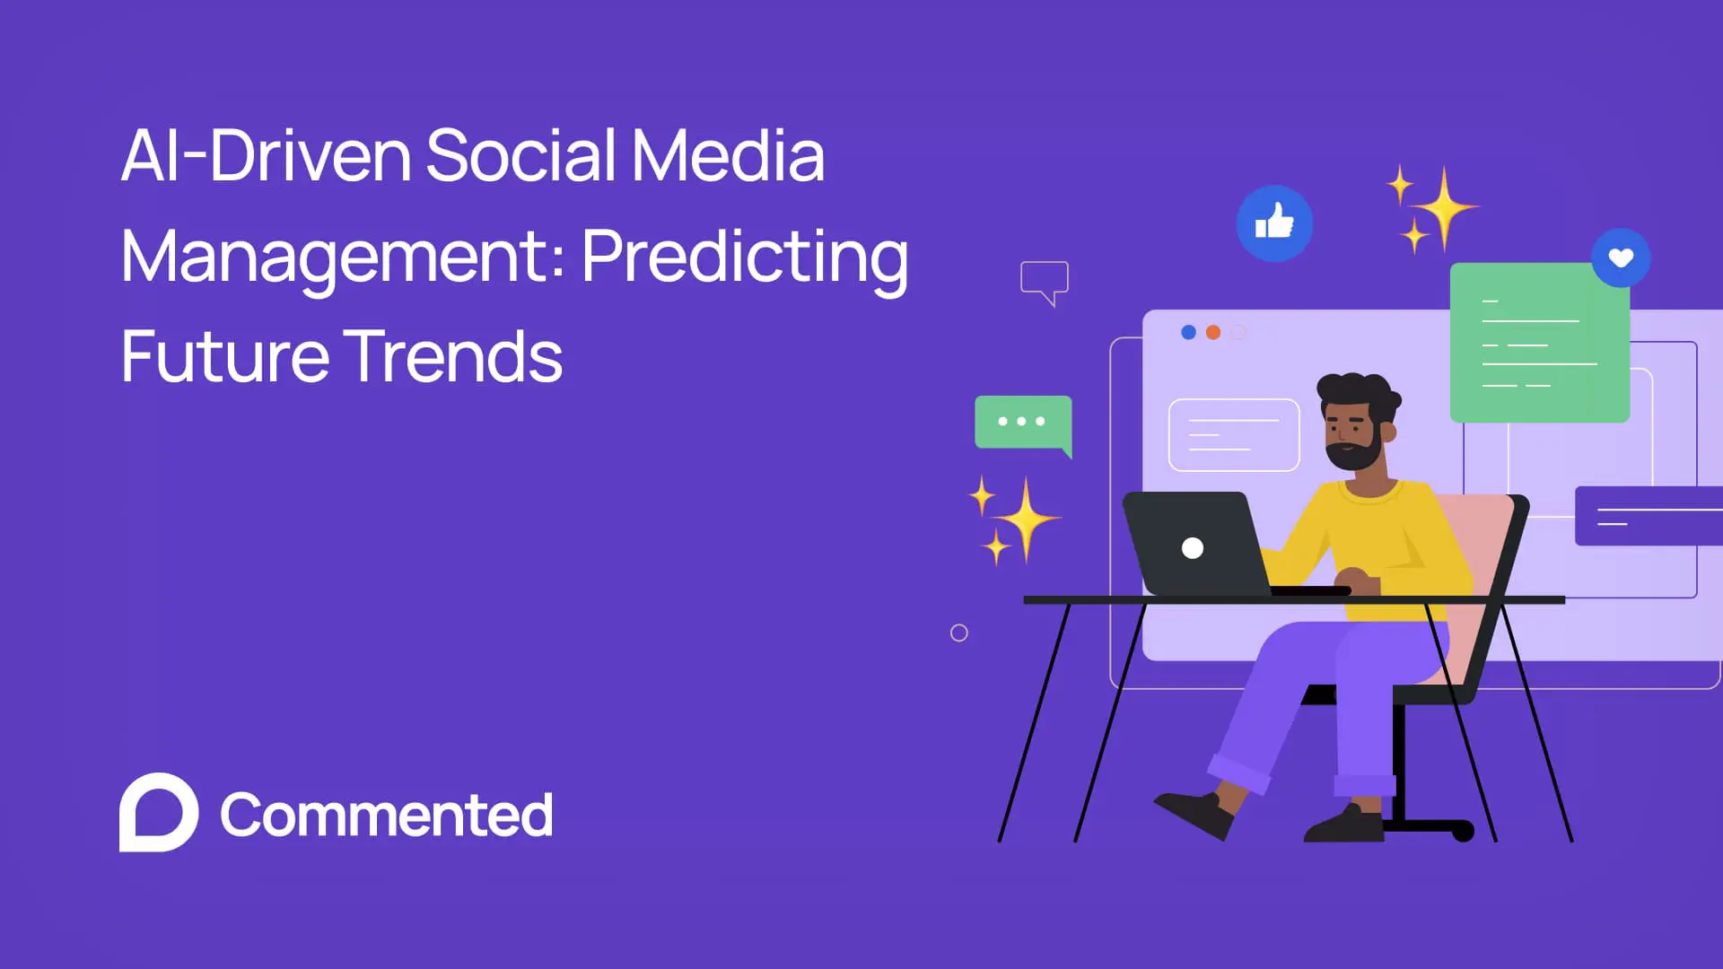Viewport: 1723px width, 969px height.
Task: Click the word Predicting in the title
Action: pyautogui.click(x=745, y=257)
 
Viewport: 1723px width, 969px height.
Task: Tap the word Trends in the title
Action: pyautogui.click(x=453, y=356)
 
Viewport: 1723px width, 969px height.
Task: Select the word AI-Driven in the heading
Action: pyautogui.click(x=266, y=156)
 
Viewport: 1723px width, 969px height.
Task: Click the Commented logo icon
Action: pyautogui.click(x=159, y=812)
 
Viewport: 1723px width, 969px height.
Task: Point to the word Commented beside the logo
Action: pyautogui.click(x=386, y=815)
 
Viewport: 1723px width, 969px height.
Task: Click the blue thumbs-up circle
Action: pyautogui.click(x=1274, y=223)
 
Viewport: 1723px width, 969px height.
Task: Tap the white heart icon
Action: pyautogui.click(x=1621, y=258)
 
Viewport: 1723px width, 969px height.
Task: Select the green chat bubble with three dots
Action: pyautogui.click(x=1022, y=422)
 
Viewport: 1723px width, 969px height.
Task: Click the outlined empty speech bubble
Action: pyautogui.click(x=1044, y=279)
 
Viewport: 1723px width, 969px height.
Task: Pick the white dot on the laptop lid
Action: pyautogui.click(x=1193, y=548)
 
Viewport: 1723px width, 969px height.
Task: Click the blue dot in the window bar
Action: pyautogui.click(x=1188, y=332)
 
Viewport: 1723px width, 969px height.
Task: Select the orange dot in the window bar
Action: pyautogui.click(x=1213, y=332)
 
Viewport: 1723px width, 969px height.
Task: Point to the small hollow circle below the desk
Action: pyautogui.click(x=958, y=633)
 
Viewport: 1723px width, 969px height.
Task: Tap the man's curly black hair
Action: pyautogui.click(x=1355, y=391)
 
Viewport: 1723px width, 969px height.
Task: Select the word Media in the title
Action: pyautogui.click(x=728, y=156)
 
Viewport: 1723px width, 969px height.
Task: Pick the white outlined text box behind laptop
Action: pyautogui.click(x=1234, y=435)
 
